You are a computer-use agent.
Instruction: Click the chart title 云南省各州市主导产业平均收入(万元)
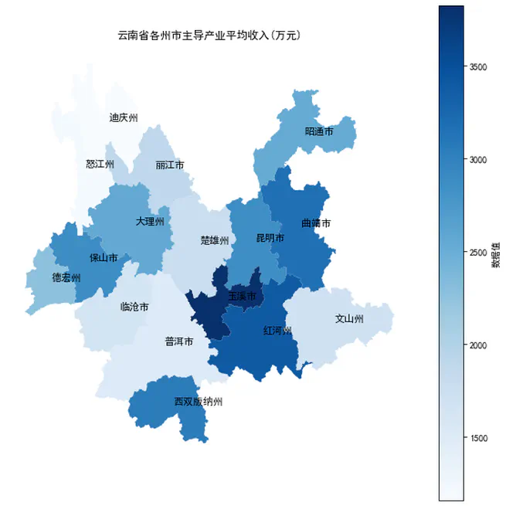pyautogui.click(x=209, y=35)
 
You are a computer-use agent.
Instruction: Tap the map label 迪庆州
pyautogui.click(x=124, y=118)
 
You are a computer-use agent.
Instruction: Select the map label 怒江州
pyautogui.click(x=100, y=165)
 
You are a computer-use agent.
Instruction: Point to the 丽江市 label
pyautogui.click(x=169, y=165)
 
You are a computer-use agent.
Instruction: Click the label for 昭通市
pyautogui.click(x=319, y=132)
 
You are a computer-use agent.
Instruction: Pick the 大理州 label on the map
pyautogui.click(x=150, y=222)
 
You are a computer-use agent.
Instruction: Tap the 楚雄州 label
pyautogui.click(x=215, y=240)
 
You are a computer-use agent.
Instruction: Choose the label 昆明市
pyautogui.click(x=270, y=238)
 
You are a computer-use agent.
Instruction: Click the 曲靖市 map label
pyautogui.click(x=316, y=223)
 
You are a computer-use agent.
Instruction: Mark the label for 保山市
pyautogui.click(x=104, y=257)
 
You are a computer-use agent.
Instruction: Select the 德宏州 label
pyautogui.click(x=66, y=277)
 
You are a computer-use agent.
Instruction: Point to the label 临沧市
pyautogui.click(x=135, y=307)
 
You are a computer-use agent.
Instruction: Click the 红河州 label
pyautogui.click(x=277, y=331)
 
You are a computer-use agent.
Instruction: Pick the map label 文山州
pyautogui.click(x=349, y=318)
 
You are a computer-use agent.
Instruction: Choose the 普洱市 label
pyautogui.click(x=179, y=341)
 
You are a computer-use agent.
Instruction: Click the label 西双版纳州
pyautogui.click(x=198, y=402)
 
